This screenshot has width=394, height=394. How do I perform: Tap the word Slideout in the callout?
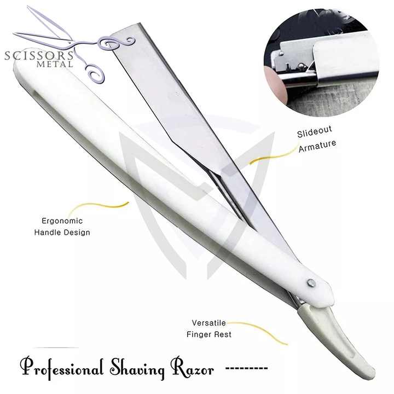315,134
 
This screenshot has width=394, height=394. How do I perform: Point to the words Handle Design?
62,233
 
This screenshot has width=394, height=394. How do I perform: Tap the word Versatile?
208,323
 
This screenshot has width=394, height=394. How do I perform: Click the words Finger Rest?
208,334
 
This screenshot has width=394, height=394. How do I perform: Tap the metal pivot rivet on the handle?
311,282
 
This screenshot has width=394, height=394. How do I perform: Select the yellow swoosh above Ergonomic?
104,206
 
